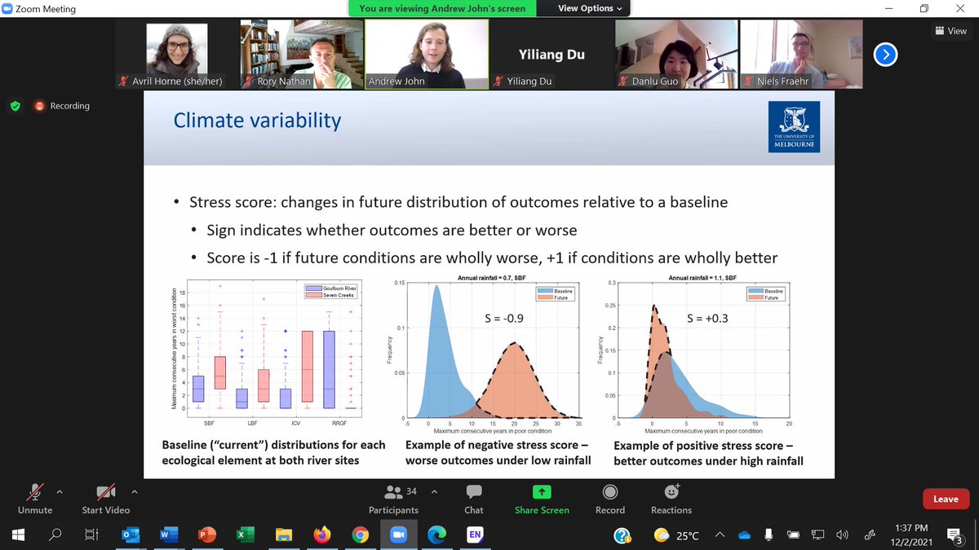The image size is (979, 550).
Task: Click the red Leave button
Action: (x=946, y=499)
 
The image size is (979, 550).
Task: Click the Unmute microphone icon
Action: (x=35, y=491)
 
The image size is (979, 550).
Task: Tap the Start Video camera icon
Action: (x=105, y=491)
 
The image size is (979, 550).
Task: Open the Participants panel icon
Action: (x=392, y=491)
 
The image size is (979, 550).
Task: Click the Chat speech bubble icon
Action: (x=473, y=491)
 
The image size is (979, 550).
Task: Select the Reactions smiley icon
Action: (x=671, y=491)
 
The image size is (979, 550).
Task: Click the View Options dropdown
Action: (x=590, y=9)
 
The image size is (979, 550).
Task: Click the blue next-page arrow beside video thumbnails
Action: (x=885, y=54)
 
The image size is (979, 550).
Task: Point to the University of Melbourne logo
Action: (x=794, y=128)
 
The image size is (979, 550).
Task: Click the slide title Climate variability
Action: (x=257, y=121)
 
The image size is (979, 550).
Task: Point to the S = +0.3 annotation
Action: (x=707, y=319)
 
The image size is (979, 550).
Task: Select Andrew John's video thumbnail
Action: (x=427, y=49)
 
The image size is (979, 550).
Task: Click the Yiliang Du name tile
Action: (x=551, y=55)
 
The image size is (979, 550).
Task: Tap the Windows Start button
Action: (x=18, y=535)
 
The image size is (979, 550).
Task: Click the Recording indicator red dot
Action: (x=38, y=106)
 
